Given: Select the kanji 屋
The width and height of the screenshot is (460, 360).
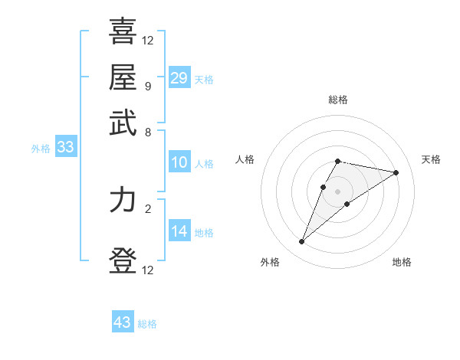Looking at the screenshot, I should [x=123, y=77].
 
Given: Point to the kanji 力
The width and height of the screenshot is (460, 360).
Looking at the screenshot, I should [x=123, y=200].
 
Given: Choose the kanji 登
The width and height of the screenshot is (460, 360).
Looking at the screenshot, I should [x=123, y=261].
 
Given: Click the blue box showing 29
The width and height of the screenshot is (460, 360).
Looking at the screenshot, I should [x=179, y=78].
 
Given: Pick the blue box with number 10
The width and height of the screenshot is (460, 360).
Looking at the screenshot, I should [x=179, y=162].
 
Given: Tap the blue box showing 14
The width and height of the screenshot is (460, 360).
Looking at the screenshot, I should [x=179, y=231].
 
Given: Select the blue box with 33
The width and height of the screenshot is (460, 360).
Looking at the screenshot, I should [x=65, y=148].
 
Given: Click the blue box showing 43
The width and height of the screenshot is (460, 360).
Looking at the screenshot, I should [x=123, y=322].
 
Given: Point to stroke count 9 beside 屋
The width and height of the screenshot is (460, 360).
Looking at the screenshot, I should [x=147, y=85].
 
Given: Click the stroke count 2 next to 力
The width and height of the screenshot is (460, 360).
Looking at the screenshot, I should [x=147, y=208].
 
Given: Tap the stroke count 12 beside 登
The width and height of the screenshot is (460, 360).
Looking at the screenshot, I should [x=148, y=270].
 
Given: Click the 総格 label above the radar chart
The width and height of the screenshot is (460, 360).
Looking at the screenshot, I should [x=338, y=100].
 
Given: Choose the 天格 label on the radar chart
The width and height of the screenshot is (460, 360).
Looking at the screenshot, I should [x=431, y=159].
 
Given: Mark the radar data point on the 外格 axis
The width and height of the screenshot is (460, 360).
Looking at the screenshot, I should [x=302, y=242].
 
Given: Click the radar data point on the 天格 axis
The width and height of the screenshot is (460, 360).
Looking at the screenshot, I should [x=396, y=172].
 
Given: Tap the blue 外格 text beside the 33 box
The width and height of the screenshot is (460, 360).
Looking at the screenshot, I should [x=41, y=149].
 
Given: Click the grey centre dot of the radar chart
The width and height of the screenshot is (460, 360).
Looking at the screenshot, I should [x=338, y=191].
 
